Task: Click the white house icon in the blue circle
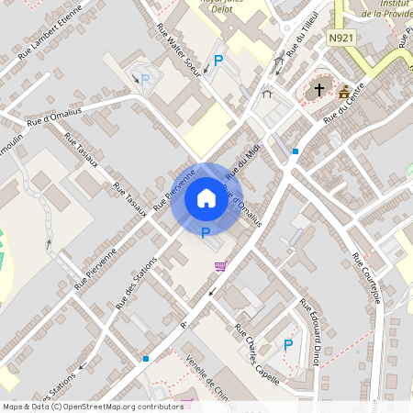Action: click(206, 198)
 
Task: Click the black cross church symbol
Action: click(319, 90)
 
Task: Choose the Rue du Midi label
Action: click(240, 160)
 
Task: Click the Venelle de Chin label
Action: click(207, 376)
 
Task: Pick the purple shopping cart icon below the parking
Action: click(219, 266)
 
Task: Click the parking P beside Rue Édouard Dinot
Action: click(288, 345)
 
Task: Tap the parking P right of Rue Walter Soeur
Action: click(218, 61)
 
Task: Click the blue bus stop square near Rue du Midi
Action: click(295, 151)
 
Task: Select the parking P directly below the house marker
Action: click(205, 233)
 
